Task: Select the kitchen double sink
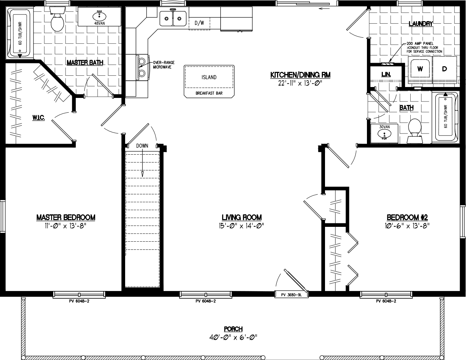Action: pyautogui.click(x=173, y=17)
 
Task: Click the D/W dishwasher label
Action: pyautogui.click(x=200, y=23)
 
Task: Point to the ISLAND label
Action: pyautogui.click(x=209, y=77)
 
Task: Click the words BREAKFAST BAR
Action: pyautogui.click(x=209, y=93)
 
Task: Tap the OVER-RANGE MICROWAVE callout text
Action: pyautogui.click(x=162, y=65)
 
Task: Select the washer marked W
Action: pyautogui.click(x=420, y=69)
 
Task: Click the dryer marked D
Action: pyautogui.click(x=444, y=69)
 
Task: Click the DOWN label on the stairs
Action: pyautogui.click(x=142, y=145)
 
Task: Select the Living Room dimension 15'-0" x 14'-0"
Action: pyautogui.click(x=241, y=226)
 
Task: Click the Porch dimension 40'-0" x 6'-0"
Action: pyautogui.click(x=233, y=337)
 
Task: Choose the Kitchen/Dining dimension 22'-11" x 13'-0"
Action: pyautogui.click(x=300, y=83)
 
